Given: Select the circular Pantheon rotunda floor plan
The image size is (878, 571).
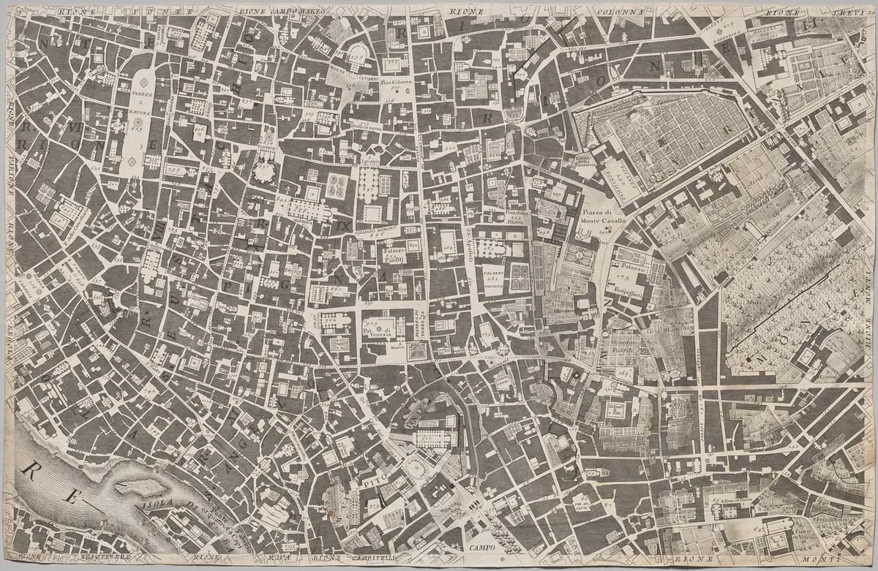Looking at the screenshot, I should click(262, 173).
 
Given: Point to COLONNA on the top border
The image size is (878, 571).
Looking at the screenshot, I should click(621, 12).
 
